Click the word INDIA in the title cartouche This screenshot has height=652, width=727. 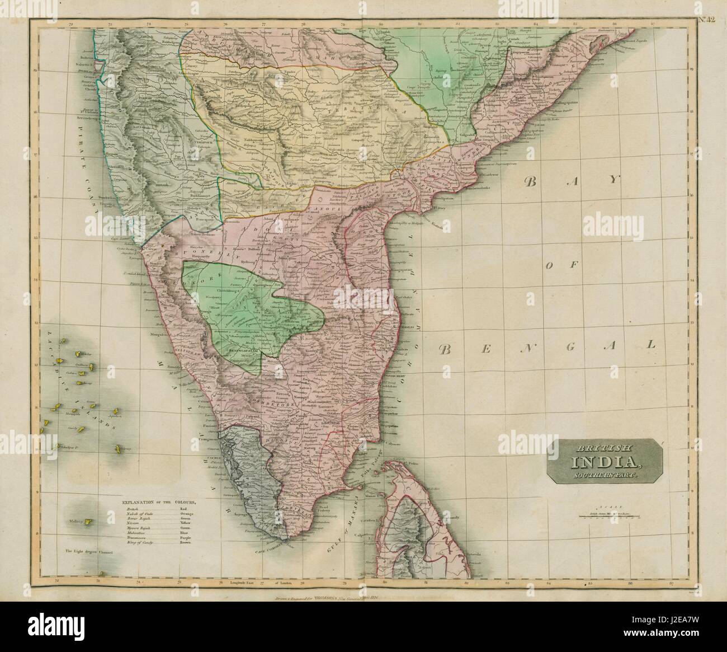[606, 462]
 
